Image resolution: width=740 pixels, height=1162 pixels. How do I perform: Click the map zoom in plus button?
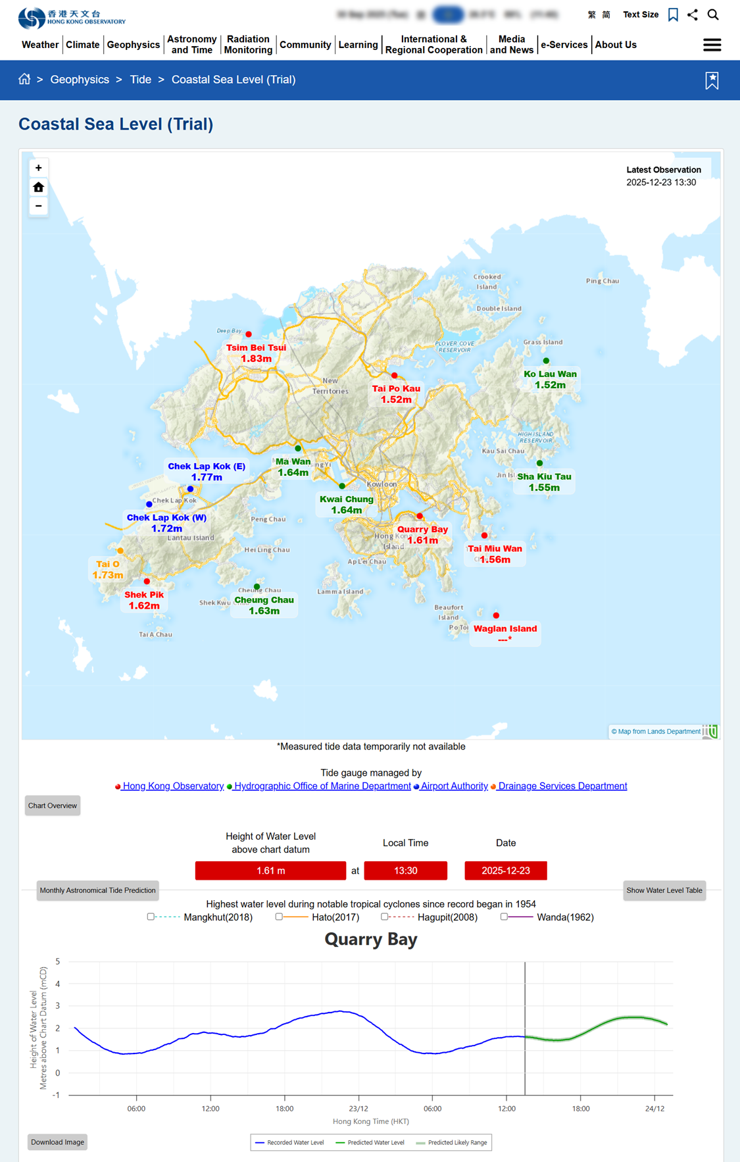(38, 168)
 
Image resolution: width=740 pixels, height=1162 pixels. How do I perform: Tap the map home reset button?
(38, 188)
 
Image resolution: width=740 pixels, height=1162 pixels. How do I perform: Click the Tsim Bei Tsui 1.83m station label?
(256, 353)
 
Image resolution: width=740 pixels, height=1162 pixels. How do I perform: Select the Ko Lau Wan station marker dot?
(546, 361)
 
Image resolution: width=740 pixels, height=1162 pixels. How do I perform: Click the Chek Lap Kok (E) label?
(207, 471)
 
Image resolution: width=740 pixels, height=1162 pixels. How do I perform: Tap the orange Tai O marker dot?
(120, 551)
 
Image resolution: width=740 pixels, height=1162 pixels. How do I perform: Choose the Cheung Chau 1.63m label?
(264, 605)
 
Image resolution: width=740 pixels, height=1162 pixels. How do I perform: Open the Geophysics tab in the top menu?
(134, 45)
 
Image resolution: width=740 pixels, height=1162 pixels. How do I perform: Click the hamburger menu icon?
(712, 45)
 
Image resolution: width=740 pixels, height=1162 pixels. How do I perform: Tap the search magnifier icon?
(713, 14)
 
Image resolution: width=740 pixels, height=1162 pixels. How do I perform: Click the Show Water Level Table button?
(664, 890)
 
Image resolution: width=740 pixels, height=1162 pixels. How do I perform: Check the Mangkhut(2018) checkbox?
(151, 917)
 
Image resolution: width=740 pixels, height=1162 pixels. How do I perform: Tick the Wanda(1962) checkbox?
(504, 917)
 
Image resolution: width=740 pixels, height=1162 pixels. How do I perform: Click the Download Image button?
(57, 1142)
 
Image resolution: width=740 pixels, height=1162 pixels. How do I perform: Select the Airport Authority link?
(454, 786)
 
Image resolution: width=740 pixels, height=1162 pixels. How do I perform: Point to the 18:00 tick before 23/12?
(285, 1109)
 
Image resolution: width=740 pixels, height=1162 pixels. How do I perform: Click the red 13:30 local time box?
(405, 871)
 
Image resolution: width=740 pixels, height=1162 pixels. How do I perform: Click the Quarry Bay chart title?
(371, 940)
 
